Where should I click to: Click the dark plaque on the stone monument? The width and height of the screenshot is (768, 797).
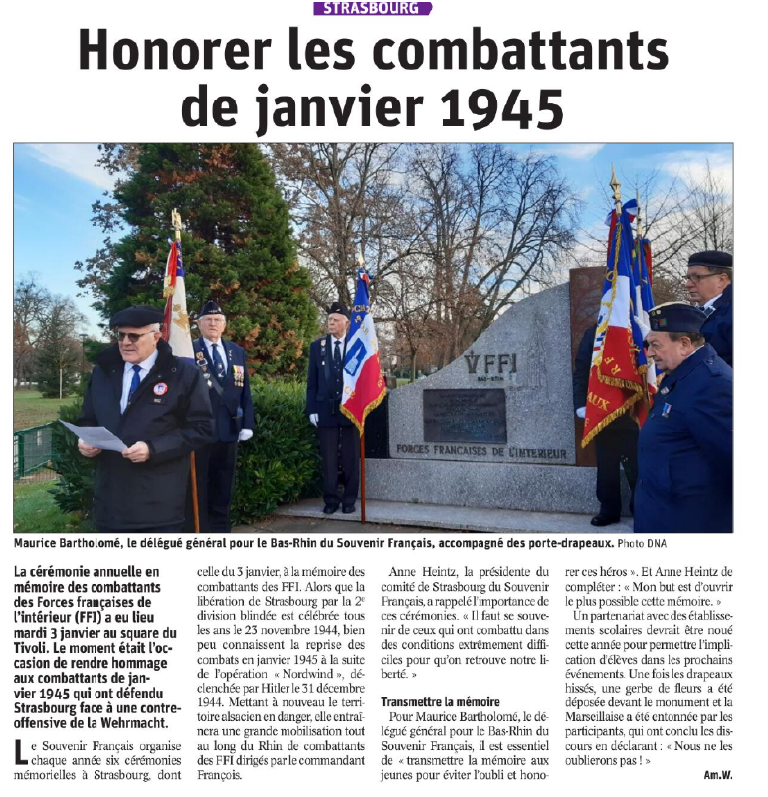(464, 414)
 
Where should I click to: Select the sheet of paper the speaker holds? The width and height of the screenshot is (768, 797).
(95, 435)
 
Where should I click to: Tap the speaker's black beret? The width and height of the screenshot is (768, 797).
(135, 316)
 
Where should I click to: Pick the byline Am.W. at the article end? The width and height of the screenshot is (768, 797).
(718, 774)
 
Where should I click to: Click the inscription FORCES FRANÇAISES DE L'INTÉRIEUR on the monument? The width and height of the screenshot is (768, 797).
(481, 450)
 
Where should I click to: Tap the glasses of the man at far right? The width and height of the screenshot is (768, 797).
(702, 277)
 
